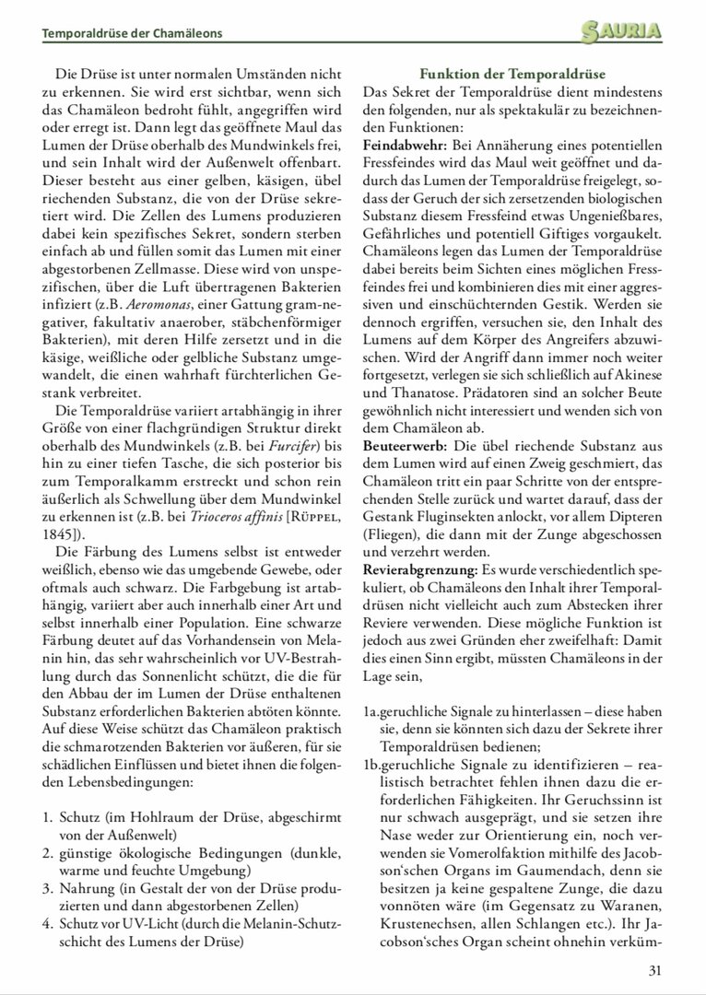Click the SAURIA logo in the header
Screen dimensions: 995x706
pyautogui.click(x=622, y=33)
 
